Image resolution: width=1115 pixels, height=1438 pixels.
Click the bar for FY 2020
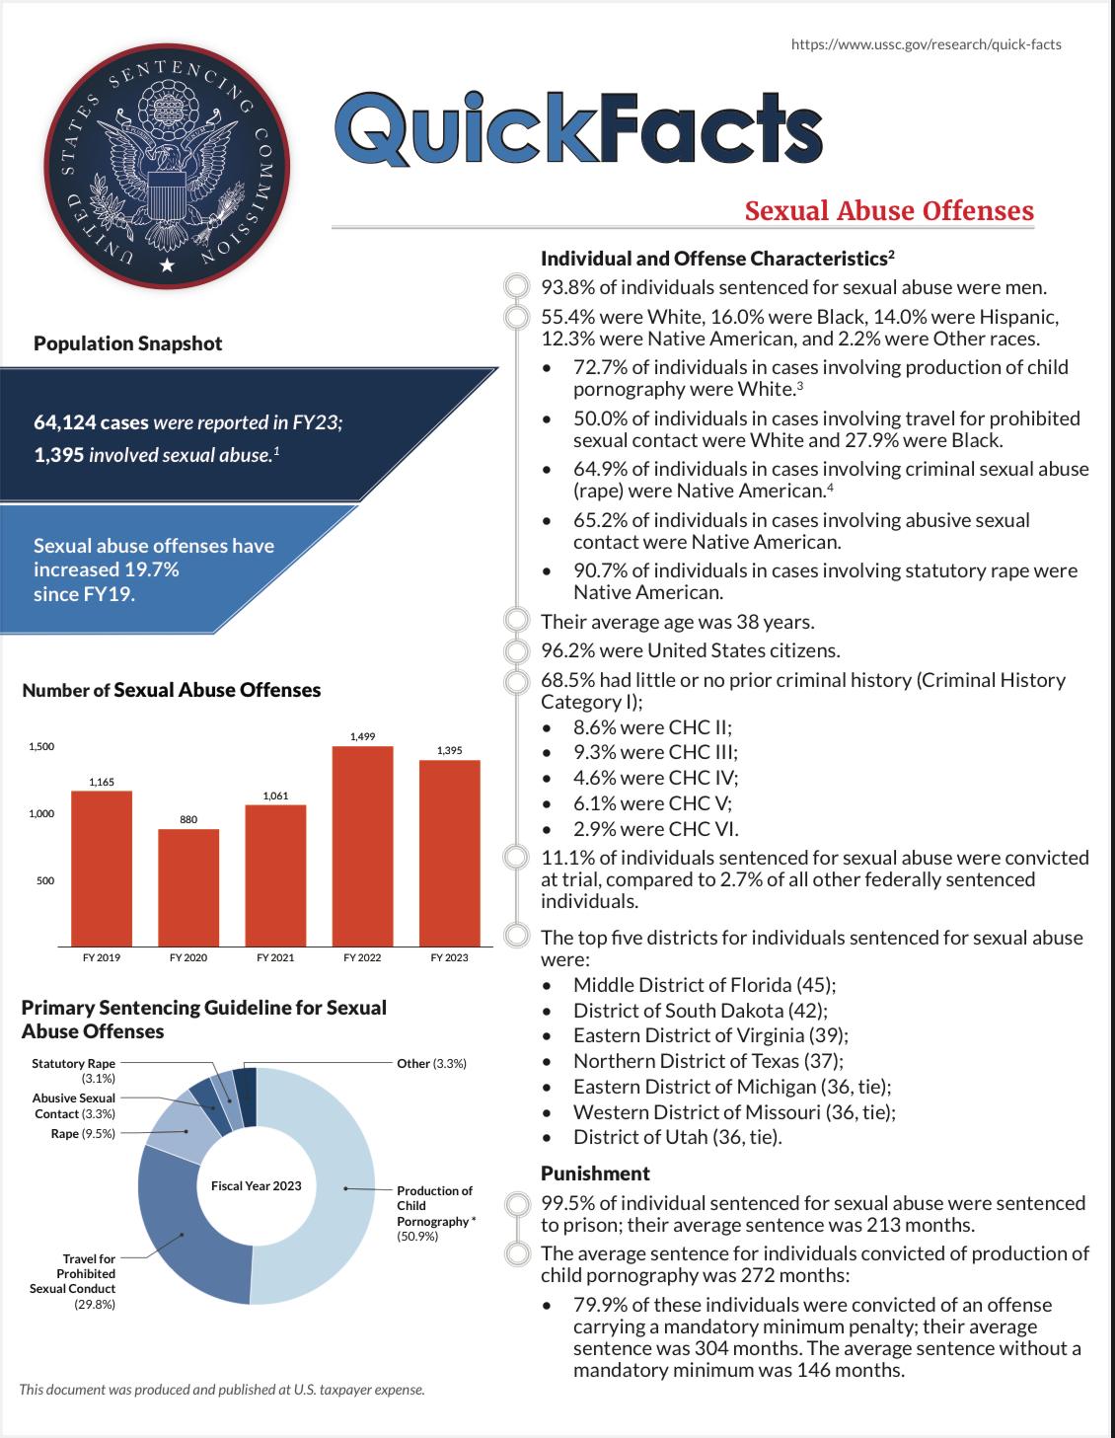point(188,886)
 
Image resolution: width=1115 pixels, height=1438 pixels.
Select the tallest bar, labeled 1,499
point(362,845)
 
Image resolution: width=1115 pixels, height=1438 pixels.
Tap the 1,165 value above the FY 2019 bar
point(102,782)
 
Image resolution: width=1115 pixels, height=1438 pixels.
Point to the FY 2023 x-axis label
point(449,957)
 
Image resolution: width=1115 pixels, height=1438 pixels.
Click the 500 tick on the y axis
point(45,880)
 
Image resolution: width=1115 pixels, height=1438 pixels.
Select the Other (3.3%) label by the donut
point(431,1063)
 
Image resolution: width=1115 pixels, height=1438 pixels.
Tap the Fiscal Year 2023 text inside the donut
point(257,1185)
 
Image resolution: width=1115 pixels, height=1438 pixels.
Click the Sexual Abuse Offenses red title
point(889,211)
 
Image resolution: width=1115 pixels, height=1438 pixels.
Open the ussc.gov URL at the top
point(927,44)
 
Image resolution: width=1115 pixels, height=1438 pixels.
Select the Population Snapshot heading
point(128,343)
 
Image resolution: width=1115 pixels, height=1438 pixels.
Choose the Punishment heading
point(595,1173)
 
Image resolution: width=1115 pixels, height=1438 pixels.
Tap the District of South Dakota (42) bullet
point(700,1011)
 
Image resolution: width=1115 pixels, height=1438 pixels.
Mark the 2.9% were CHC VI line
point(655,829)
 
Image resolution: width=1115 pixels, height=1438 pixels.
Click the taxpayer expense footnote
point(222,1390)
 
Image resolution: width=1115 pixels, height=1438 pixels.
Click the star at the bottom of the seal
point(167,265)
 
